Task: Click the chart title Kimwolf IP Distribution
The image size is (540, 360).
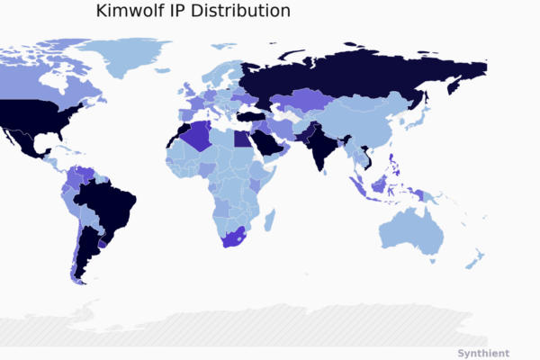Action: point(193,12)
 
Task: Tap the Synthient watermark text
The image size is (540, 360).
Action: point(483,353)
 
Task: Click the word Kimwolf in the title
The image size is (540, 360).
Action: point(130,12)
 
